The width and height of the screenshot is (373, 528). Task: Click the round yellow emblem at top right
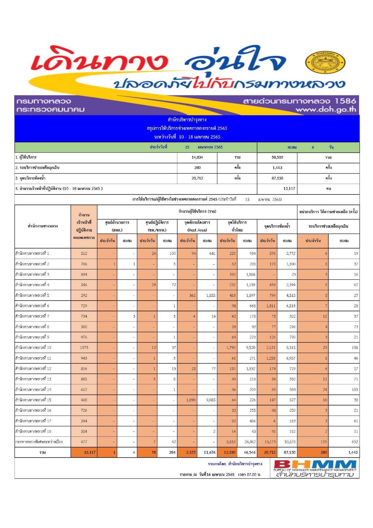pos(325,63)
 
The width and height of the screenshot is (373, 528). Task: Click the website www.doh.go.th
pos(326,109)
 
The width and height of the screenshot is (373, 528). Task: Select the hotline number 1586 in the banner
pos(345,101)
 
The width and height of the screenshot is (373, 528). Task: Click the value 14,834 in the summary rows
pos(197,157)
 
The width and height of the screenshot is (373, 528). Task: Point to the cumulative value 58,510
pos(277,157)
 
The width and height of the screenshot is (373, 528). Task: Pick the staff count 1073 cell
pos(84,347)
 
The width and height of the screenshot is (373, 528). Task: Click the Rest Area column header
pos(197,230)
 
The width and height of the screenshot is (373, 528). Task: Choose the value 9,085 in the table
pos(210,400)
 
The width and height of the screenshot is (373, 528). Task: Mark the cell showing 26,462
pos(250,442)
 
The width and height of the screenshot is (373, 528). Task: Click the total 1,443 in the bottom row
pos(353,452)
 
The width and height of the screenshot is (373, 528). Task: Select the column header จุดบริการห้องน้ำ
pos(277,226)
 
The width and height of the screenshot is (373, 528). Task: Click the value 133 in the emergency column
pos(323,442)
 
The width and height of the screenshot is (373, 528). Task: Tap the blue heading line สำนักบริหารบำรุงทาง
pos(187,119)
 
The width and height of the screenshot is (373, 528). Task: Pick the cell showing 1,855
pos(210,295)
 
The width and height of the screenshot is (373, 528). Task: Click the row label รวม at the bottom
pos(43,452)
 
